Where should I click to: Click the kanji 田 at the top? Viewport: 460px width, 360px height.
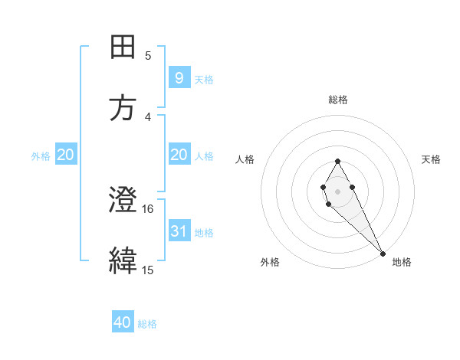pyautogui.click(x=123, y=47)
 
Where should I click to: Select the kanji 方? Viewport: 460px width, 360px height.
pyautogui.click(x=123, y=108)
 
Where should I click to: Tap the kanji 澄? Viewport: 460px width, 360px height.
pyautogui.click(x=123, y=201)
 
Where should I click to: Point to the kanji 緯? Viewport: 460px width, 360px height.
pyautogui.click(x=123, y=261)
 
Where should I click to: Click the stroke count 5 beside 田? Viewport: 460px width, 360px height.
pyautogui.click(x=148, y=55)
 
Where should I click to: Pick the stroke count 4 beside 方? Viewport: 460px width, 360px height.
pyautogui.click(x=148, y=116)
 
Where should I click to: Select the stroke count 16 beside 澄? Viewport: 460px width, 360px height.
pyautogui.click(x=148, y=208)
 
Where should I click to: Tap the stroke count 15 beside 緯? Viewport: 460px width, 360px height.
pyautogui.click(x=148, y=270)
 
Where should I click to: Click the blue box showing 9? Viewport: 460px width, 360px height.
pyautogui.click(x=179, y=77)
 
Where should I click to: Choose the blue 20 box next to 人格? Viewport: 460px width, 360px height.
pyautogui.click(x=179, y=155)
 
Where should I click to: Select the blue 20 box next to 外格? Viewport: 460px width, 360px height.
pyautogui.click(x=65, y=155)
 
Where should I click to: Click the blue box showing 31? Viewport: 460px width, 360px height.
pyautogui.click(x=179, y=231)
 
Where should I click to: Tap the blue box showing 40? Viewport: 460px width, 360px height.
pyautogui.click(x=123, y=322)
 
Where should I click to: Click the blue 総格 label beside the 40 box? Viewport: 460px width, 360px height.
pyautogui.click(x=147, y=324)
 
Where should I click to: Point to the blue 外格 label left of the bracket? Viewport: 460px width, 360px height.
pyautogui.click(x=41, y=156)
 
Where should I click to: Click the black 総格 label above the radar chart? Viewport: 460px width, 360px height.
pyautogui.click(x=337, y=100)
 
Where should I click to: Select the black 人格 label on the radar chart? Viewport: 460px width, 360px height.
pyautogui.click(x=246, y=159)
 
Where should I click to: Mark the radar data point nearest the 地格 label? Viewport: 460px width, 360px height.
pyautogui.click(x=383, y=253)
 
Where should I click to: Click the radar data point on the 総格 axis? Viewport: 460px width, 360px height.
pyautogui.click(x=337, y=161)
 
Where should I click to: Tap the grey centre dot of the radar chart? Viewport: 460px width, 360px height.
pyautogui.click(x=337, y=191)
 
